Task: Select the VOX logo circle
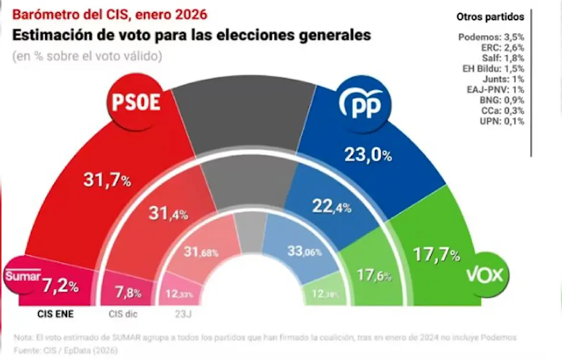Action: [x=485, y=275]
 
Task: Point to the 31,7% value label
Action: [x=107, y=180]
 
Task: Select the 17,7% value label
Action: [x=437, y=255]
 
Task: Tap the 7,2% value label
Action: [x=60, y=287]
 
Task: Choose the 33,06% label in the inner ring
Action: [x=305, y=251]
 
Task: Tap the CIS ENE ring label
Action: [x=55, y=315]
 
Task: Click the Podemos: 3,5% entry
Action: [x=491, y=37]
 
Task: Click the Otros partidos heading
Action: [x=490, y=17]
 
